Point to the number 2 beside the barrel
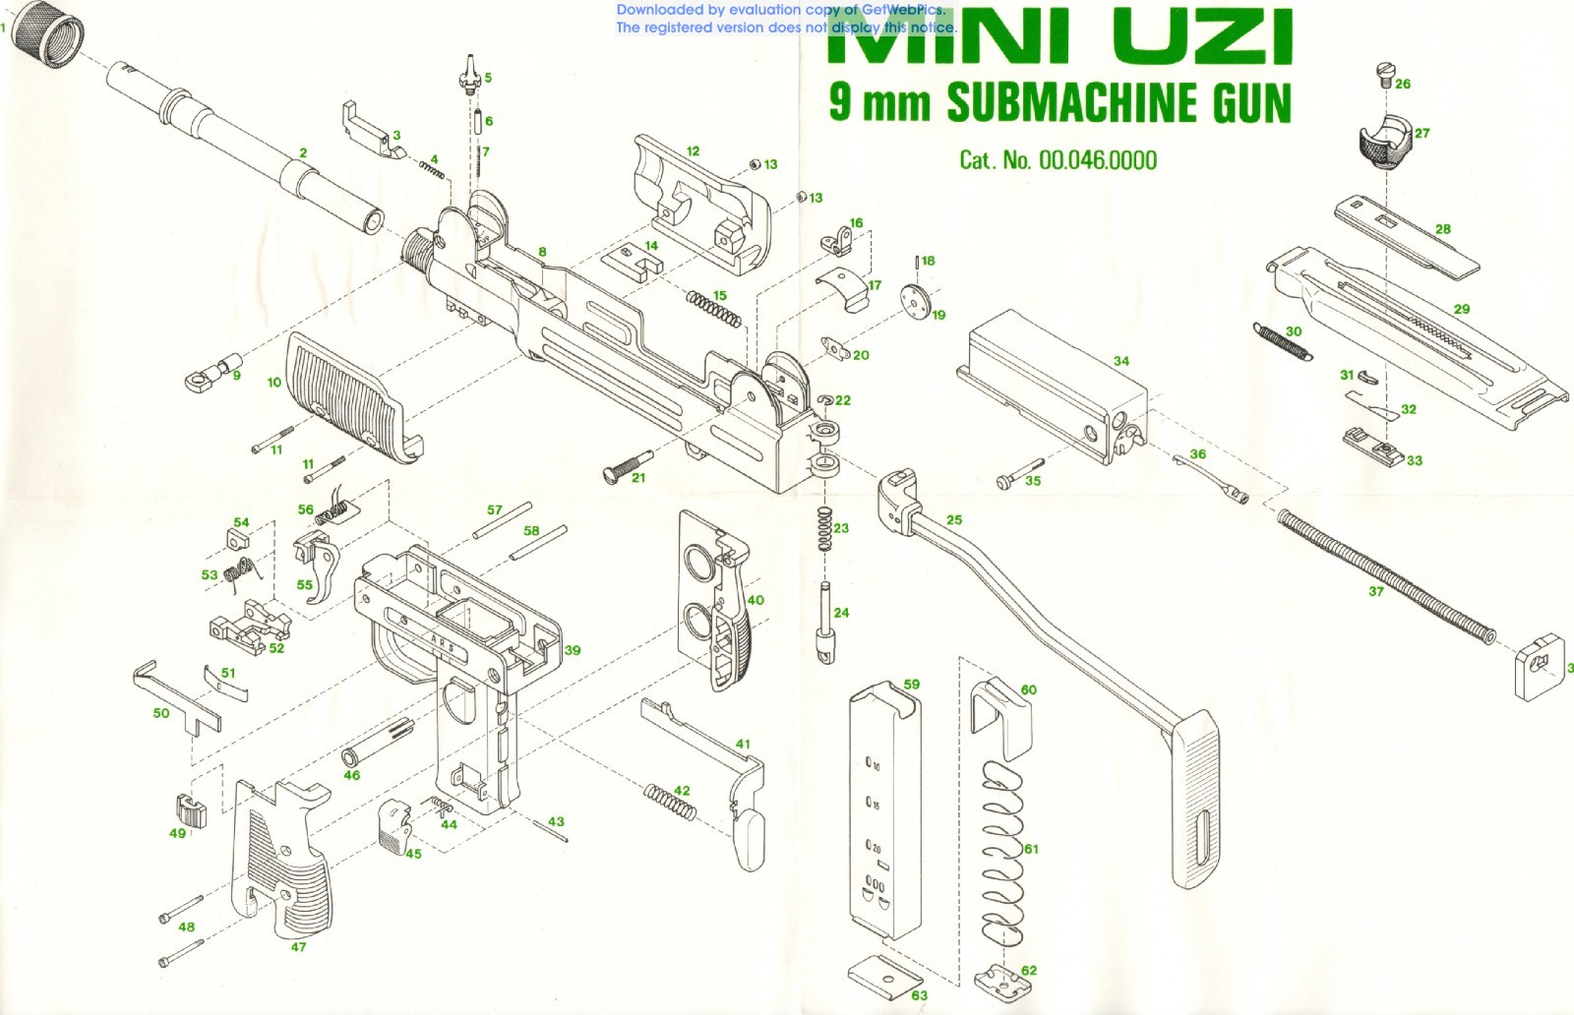(303, 153)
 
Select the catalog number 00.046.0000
(1098, 160)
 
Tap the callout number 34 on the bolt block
(1120, 361)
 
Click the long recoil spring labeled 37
(1387, 571)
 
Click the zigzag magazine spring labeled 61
(1002, 846)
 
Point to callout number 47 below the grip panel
(298, 947)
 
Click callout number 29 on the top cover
(1462, 309)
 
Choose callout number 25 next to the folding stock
(954, 520)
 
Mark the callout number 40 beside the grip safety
(756, 600)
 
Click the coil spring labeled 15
(713, 309)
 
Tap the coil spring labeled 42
(670, 802)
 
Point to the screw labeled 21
(626, 464)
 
